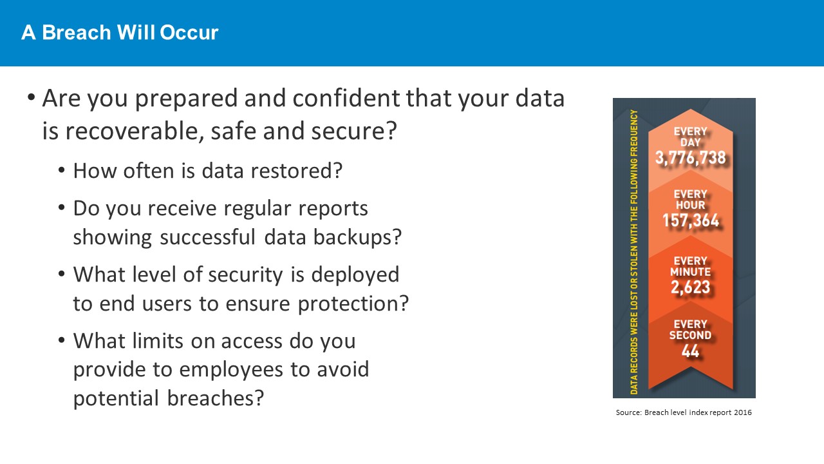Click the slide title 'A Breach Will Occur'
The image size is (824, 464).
point(120,32)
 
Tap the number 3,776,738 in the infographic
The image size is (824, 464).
point(691,158)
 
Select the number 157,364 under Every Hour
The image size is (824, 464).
point(691,220)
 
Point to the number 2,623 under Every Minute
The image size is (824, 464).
point(691,287)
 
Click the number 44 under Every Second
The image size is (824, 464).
point(691,351)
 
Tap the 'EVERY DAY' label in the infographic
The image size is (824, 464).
point(691,137)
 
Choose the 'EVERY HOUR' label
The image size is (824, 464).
point(691,200)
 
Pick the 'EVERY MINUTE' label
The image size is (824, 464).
point(691,266)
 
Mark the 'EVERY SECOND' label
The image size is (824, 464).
point(691,329)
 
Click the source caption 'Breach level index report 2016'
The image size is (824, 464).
point(698,412)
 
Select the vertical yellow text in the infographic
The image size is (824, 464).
point(634,252)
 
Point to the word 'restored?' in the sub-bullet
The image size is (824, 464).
point(297,171)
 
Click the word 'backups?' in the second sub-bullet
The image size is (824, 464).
point(357,237)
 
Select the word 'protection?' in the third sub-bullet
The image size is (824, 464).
point(353,304)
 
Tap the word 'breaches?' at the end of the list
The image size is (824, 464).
point(216,398)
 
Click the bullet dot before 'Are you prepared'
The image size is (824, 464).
point(32,97)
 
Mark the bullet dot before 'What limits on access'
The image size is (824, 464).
point(61,340)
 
